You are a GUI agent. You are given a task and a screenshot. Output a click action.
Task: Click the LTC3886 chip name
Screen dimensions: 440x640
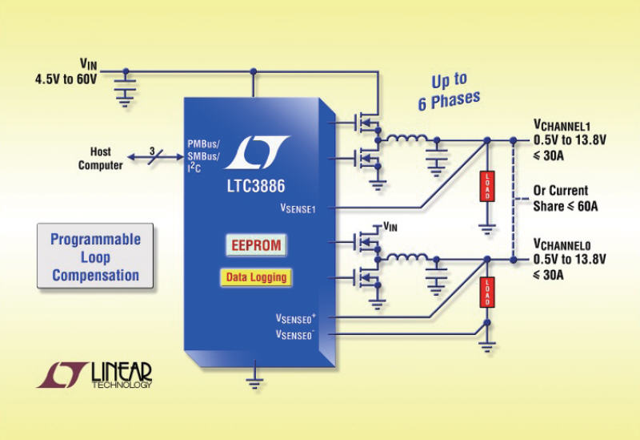pos(256,182)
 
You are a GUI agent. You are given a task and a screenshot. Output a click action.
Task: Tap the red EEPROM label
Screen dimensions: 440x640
pos(256,245)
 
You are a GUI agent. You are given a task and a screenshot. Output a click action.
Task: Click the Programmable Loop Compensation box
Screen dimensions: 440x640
pos(95,257)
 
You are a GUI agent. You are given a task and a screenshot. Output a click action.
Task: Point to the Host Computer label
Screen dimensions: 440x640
pos(101,159)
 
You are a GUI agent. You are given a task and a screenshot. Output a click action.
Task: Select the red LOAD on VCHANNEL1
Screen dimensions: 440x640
pos(486,187)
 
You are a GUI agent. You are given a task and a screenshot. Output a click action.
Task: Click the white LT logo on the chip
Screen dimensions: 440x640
pos(256,151)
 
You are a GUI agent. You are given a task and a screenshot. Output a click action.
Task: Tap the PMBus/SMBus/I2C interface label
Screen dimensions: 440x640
pos(206,154)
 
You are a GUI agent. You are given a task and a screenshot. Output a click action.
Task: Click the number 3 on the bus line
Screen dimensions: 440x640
pos(152,149)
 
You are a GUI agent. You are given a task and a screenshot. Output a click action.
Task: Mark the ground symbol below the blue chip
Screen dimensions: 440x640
pos(255,381)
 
